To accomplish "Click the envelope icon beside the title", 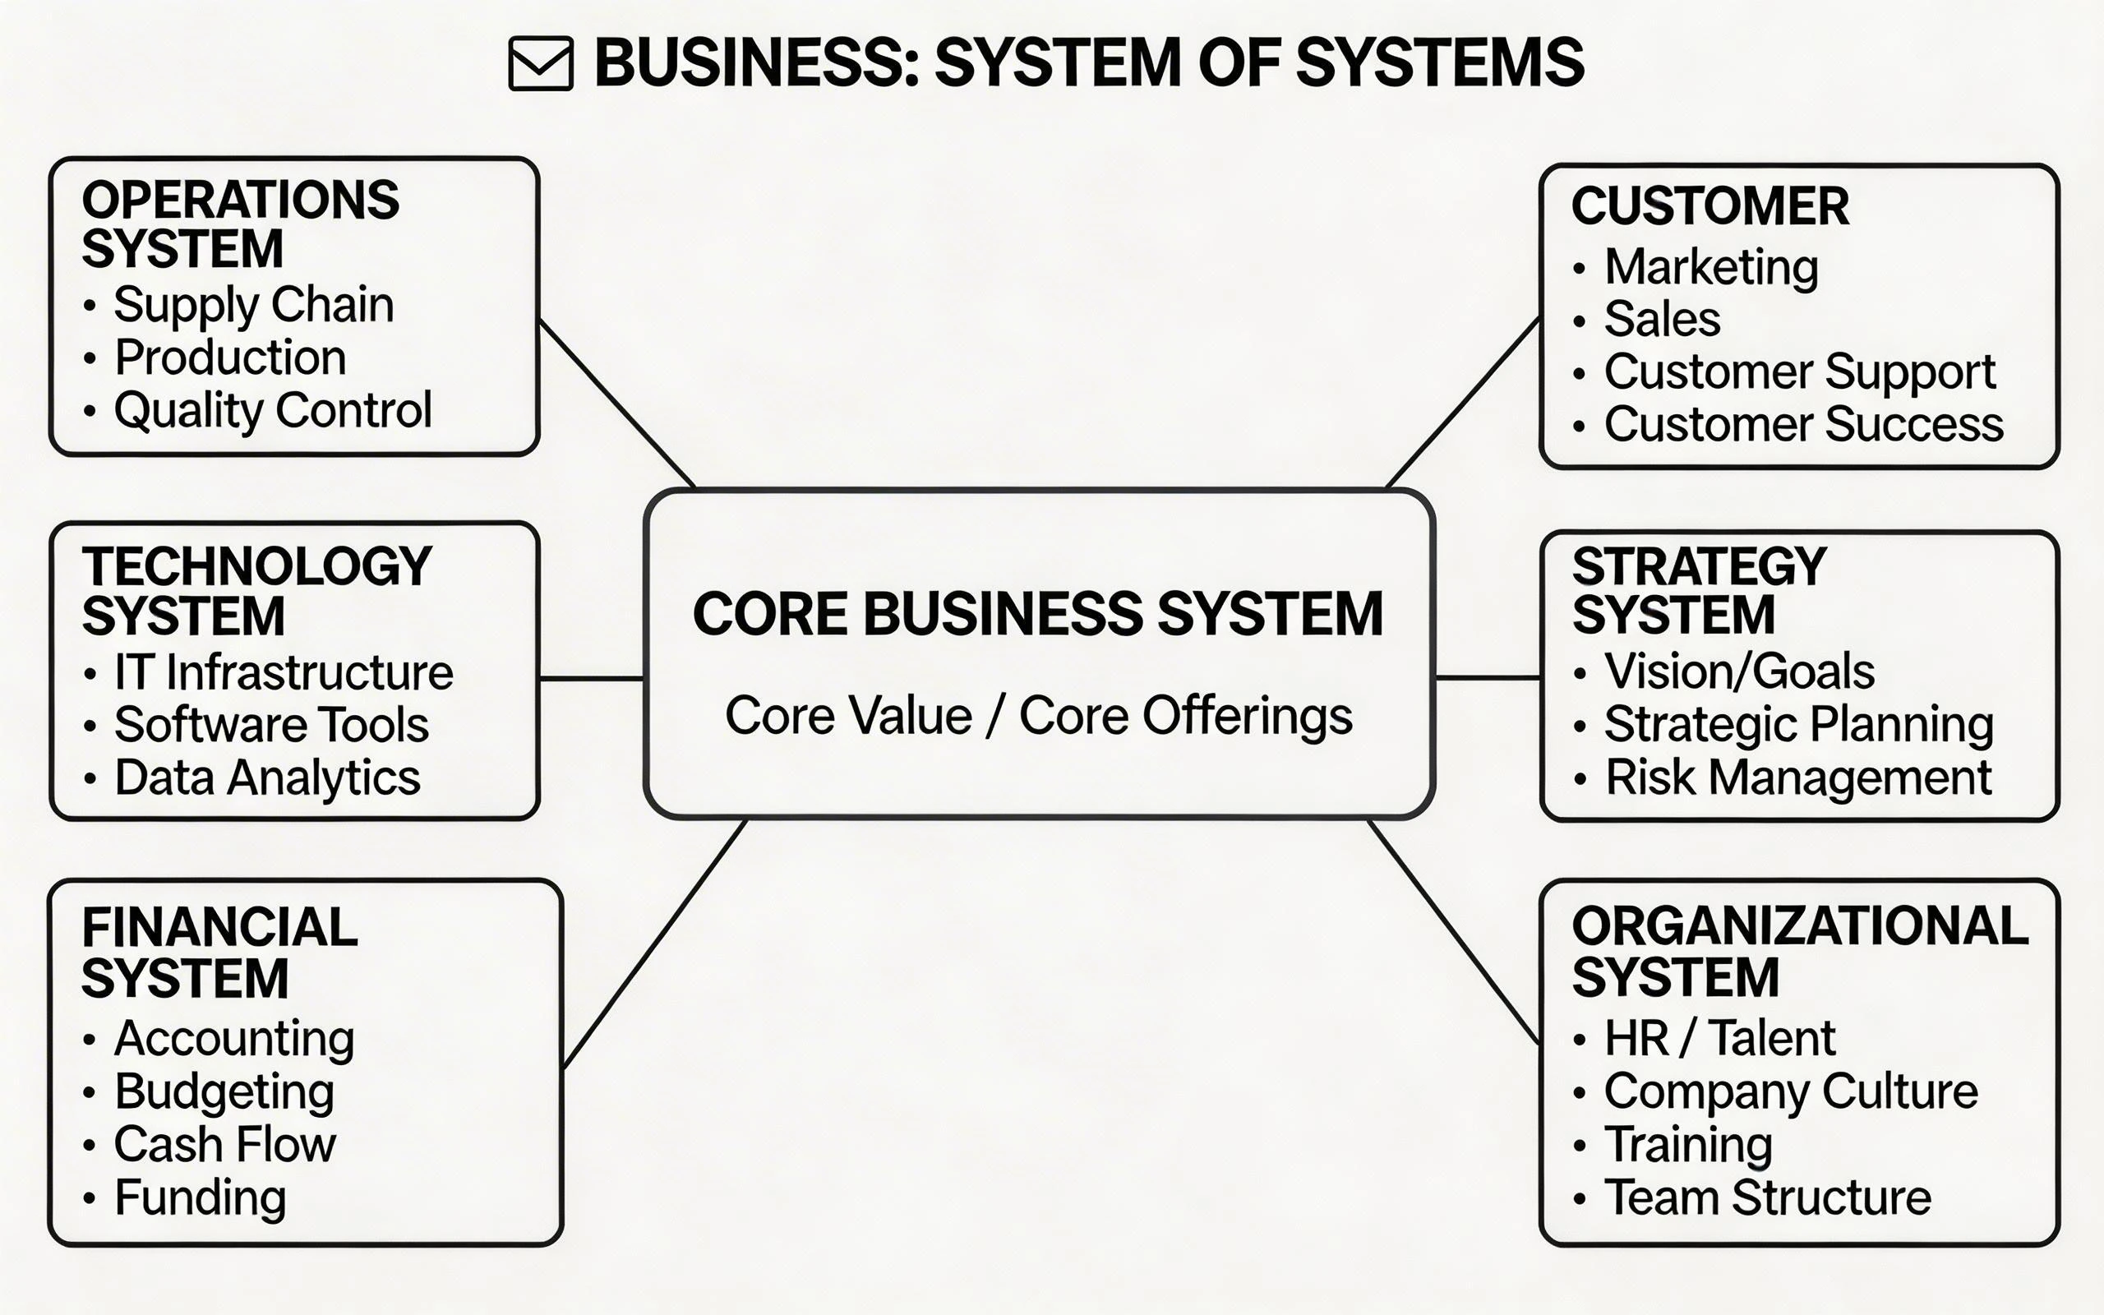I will point(540,63).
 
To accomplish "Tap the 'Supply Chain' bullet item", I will point(253,305).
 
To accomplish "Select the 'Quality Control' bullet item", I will point(272,410).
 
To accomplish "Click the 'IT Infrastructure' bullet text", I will point(284,672).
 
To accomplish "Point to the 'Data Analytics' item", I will point(267,777).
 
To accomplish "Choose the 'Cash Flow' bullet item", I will point(224,1145).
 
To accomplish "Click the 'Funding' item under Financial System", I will point(200,1197).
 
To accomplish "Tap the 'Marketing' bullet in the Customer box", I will point(1710,267).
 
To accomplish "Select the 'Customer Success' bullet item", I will point(1803,424).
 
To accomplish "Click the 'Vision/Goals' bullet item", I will point(1739,671).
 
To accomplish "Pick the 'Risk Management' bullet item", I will point(1798,777).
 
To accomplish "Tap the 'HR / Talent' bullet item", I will point(1719,1037).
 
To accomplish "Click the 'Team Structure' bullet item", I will point(1767,1197).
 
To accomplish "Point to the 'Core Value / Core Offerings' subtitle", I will point(1038,716).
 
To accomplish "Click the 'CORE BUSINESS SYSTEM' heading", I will point(1037,614).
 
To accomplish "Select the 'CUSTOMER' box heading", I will point(1709,207).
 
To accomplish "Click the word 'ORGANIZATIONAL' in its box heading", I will point(1800,926).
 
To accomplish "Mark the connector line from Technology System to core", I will point(591,677).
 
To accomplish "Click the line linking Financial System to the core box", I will point(654,944).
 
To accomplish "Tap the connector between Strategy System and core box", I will point(1487,676).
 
